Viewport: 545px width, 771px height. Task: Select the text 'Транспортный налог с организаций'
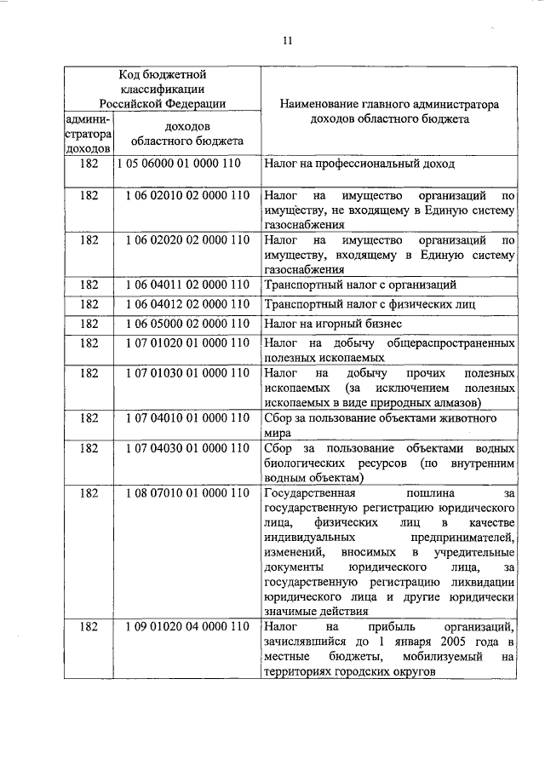tap(361, 284)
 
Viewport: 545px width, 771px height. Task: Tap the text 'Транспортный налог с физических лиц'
tap(369, 303)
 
